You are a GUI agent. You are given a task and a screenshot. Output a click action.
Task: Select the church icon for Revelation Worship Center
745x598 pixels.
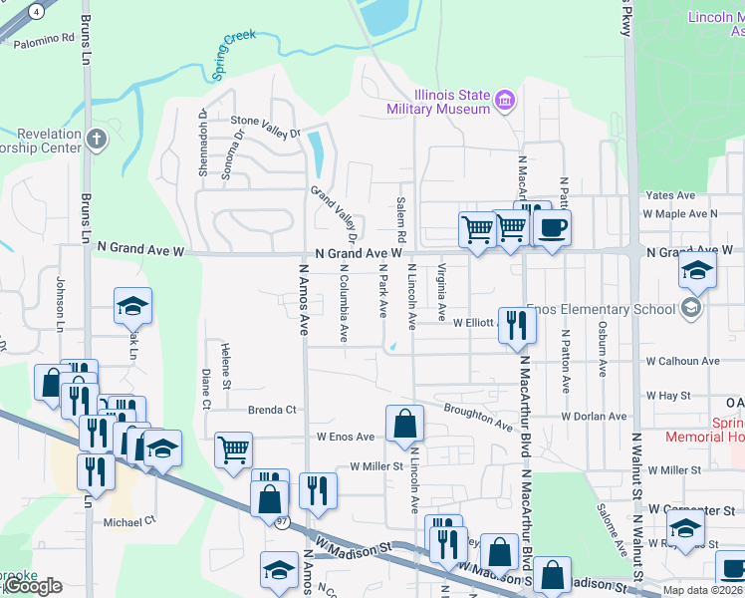(x=95, y=139)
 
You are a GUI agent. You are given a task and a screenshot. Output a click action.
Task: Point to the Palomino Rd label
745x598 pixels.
(x=43, y=39)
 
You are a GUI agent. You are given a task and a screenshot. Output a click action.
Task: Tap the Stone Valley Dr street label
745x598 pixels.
(x=265, y=127)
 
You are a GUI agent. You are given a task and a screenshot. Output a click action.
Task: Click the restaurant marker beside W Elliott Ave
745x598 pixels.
(x=515, y=326)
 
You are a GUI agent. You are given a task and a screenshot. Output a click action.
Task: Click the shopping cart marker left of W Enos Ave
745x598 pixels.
(x=233, y=448)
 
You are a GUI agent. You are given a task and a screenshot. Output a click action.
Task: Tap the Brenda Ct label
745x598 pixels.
(x=272, y=410)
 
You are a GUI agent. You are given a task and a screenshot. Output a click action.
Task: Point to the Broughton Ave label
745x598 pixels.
(x=479, y=414)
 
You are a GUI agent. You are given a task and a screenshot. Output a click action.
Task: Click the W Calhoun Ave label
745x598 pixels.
(x=682, y=361)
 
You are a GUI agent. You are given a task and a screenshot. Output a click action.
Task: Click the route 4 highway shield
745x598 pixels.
(x=37, y=11)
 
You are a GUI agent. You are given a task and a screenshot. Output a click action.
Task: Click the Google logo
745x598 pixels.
(x=34, y=586)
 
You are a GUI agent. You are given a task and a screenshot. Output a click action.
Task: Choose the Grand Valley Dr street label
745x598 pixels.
(x=334, y=214)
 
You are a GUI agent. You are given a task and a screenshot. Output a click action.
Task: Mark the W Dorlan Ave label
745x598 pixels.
(x=594, y=416)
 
